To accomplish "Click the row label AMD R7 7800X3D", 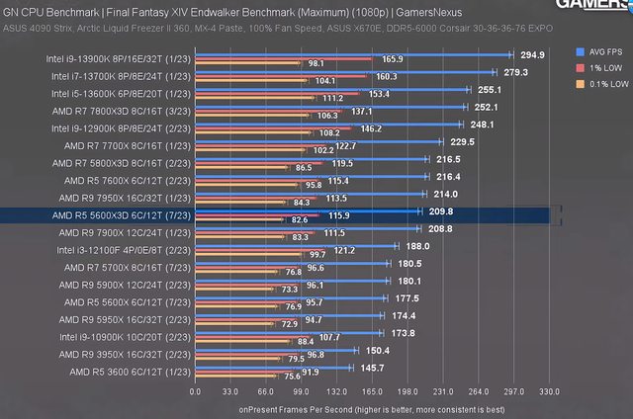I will (123, 109).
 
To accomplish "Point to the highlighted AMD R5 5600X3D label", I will (123, 212).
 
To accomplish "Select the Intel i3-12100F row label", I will (122, 249).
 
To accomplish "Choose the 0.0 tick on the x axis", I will (196, 391).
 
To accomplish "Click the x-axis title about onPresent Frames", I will (372, 407).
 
